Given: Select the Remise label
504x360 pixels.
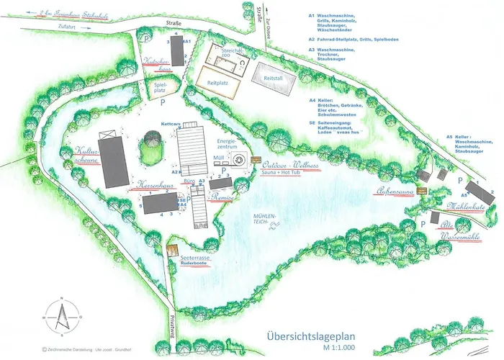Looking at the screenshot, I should tap(222, 197).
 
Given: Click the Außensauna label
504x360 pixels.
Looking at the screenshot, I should tap(396, 191).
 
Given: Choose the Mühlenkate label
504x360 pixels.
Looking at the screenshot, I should tap(469, 207).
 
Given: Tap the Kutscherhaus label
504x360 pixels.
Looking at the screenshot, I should tap(157, 64).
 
